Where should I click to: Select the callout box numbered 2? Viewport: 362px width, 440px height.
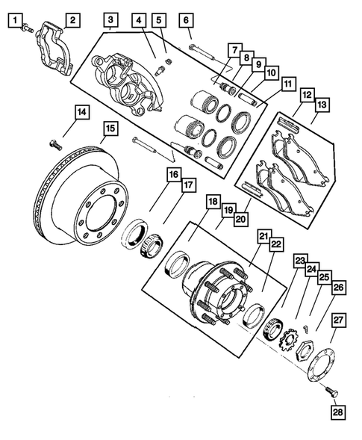(72, 19)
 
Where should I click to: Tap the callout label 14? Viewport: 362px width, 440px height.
(81, 113)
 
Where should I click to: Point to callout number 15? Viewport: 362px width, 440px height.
(110, 130)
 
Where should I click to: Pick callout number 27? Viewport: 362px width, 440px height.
(338, 322)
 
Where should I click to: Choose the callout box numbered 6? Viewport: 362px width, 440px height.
(185, 20)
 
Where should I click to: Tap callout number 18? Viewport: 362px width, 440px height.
(213, 202)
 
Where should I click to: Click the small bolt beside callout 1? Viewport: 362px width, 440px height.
(28, 28)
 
